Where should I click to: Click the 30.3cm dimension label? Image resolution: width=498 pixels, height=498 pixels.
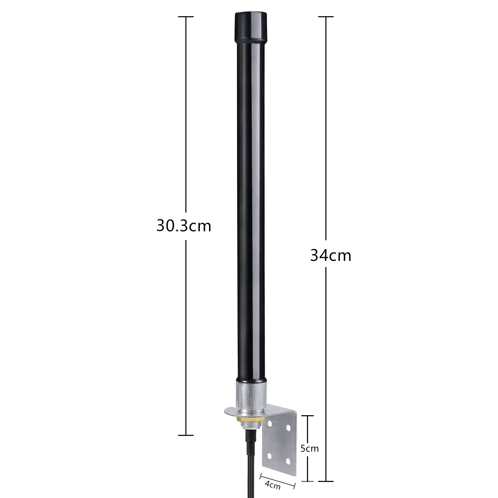[x=184, y=226]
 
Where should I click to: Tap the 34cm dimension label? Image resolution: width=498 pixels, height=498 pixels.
[x=331, y=256]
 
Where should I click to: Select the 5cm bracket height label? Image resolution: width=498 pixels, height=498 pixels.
[x=309, y=449]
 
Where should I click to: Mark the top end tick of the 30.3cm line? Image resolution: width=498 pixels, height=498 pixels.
[x=186, y=16]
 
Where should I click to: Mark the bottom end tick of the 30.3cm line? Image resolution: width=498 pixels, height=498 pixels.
[x=186, y=435]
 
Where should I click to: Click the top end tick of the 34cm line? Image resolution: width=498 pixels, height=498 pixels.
[x=326, y=16]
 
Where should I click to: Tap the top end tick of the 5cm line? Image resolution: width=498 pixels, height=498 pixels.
[x=308, y=415]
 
